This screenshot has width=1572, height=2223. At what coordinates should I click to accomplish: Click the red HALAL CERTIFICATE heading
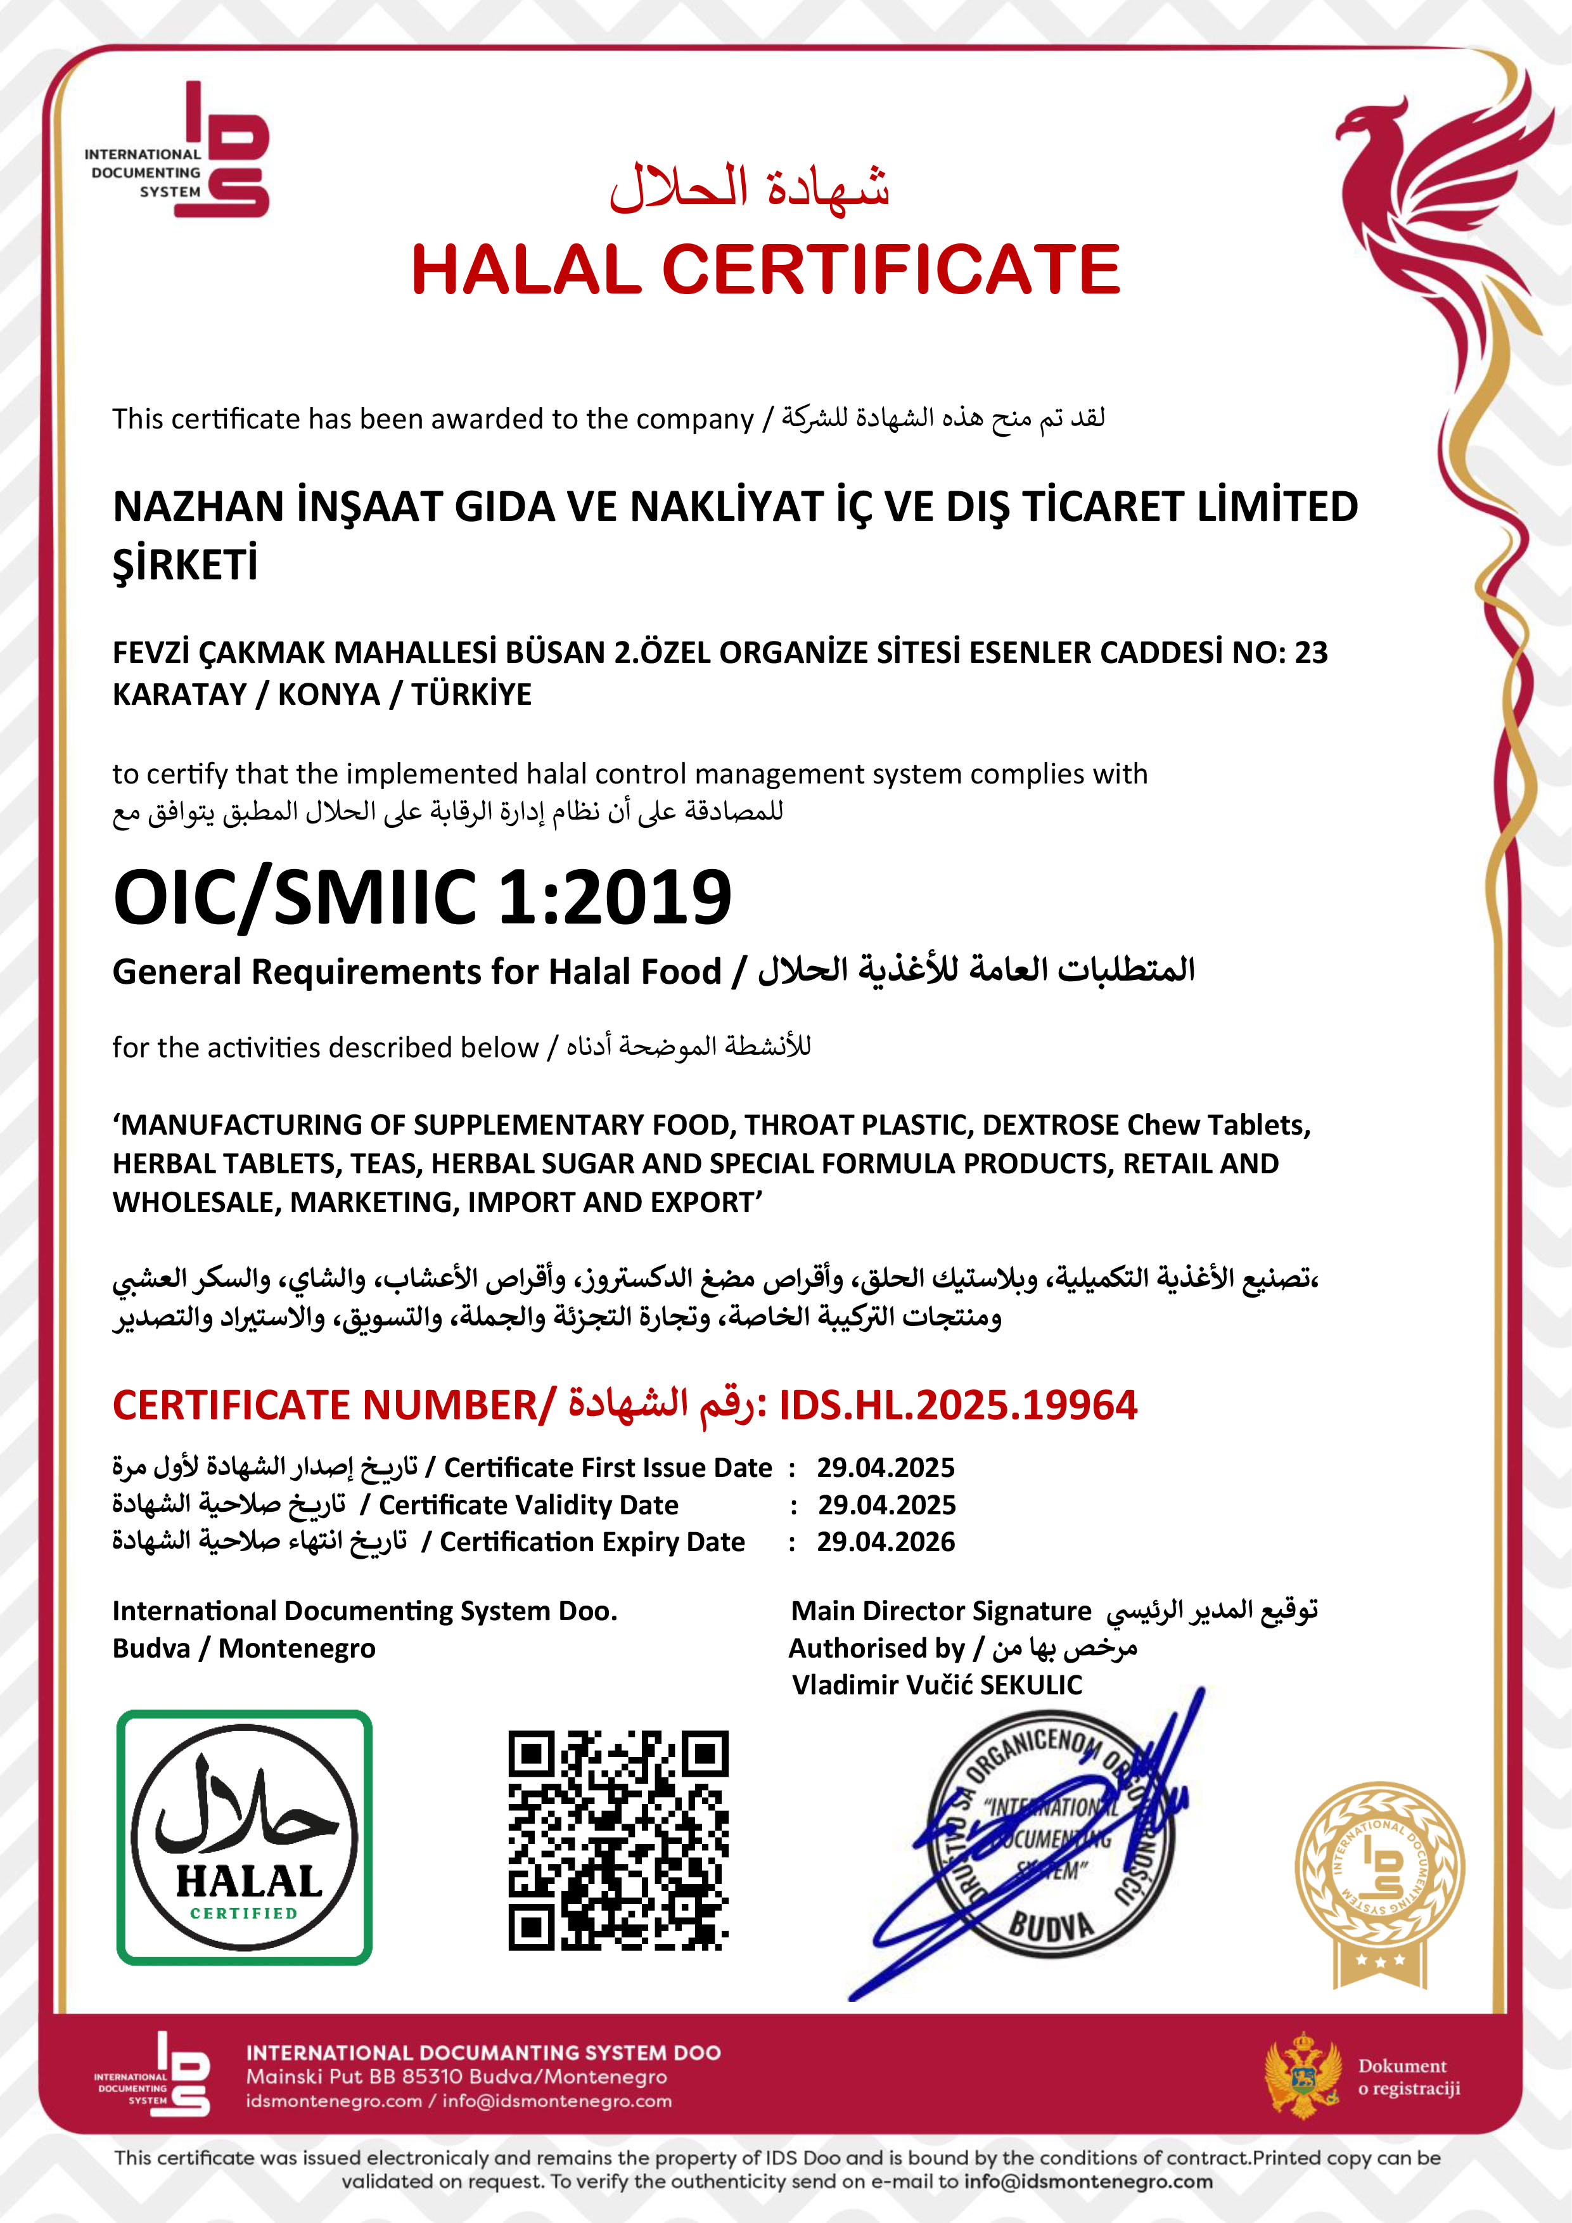click(765, 269)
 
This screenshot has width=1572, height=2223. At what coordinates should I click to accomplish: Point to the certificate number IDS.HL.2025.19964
click(958, 1405)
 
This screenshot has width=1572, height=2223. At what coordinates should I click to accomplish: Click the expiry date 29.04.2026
click(886, 1542)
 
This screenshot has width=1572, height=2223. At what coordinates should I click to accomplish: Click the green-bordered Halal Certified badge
click(244, 1837)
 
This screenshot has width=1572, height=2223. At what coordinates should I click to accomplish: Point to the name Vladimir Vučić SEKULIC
click(936, 1685)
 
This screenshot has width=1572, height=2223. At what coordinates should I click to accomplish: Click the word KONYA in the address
click(329, 694)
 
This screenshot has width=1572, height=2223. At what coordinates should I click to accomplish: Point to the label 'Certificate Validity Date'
click(528, 1505)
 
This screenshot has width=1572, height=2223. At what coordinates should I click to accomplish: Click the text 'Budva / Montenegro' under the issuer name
click(244, 1648)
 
